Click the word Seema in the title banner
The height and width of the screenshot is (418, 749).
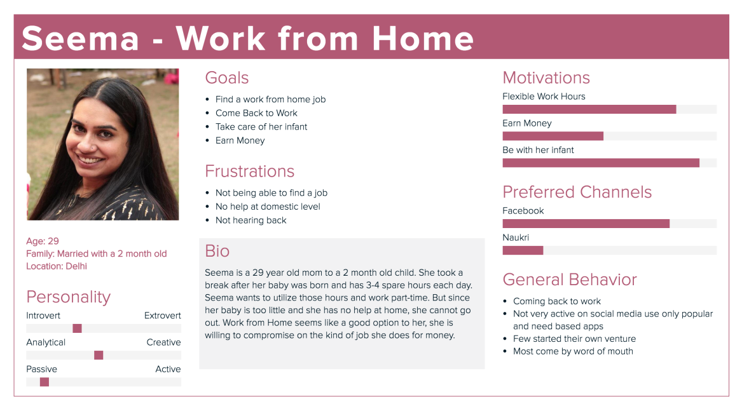click(x=80, y=39)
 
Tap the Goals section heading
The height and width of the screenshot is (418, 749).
click(x=227, y=78)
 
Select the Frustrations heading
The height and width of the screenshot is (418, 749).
click(x=249, y=172)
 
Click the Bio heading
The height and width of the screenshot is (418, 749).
click(x=217, y=251)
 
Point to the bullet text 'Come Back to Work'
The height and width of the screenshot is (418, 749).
click(x=256, y=113)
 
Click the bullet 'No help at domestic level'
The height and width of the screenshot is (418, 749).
click(x=268, y=206)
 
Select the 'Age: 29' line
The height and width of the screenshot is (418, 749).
click(x=43, y=241)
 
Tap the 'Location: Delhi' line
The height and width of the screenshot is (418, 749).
click(x=57, y=266)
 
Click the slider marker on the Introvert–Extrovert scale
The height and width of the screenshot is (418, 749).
click(x=77, y=328)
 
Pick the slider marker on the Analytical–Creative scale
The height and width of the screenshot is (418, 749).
click(x=99, y=355)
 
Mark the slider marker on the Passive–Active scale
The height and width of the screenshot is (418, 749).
click(x=45, y=382)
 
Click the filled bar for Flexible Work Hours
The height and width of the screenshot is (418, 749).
click(x=589, y=109)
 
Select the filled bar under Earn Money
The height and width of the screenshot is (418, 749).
click(x=553, y=136)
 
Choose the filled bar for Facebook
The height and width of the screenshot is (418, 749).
click(x=586, y=224)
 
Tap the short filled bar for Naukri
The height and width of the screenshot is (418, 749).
click(x=523, y=250)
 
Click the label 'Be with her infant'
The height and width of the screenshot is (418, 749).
click(x=538, y=151)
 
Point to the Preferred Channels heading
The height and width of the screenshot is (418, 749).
click(x=577, y=192)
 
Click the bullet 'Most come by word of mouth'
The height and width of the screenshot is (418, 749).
click(x=573, y=351)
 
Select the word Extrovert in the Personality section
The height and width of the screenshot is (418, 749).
click(x=162, y=316)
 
